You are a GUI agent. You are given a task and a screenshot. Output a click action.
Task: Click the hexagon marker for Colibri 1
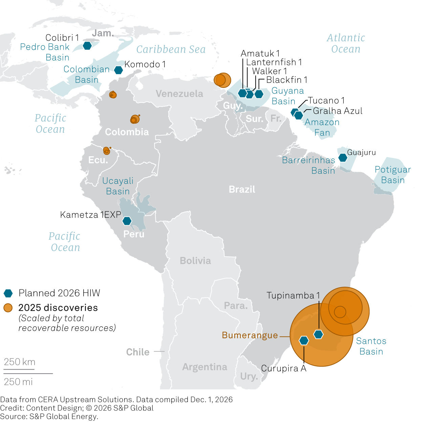point(87,45)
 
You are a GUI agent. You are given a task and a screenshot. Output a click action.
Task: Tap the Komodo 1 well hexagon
point(118,70)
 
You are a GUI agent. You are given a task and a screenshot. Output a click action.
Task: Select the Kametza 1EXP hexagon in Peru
point(127,221)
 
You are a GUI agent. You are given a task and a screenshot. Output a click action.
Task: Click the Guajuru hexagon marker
point(343,158)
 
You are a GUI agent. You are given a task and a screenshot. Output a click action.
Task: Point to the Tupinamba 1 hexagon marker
point(318,334)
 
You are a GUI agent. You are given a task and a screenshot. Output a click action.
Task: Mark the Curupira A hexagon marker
point(304,341)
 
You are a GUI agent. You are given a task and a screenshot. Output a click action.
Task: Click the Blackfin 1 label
point(286,80)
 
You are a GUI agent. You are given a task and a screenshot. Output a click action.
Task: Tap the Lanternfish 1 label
point(274,62)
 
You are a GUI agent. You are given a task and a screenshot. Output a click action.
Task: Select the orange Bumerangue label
point(250,335)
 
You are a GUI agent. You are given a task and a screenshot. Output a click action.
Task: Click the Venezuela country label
point(179,94)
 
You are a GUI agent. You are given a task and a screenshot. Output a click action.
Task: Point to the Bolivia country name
point(195,261)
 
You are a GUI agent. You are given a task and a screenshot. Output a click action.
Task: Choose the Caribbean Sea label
point(171,49)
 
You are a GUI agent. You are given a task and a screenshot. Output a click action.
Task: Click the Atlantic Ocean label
point(346,43)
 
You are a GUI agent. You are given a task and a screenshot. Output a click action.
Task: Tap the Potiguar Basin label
point(393,175)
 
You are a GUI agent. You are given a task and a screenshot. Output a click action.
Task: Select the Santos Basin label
point(371,346)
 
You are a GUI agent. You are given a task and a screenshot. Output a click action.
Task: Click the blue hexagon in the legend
point(8,293)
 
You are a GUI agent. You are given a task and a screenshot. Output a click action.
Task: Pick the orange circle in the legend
point(8,308)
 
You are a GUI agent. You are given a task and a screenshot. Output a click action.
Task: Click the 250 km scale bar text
point(20,362)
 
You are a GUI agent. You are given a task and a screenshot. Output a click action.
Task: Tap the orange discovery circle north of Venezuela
point(222,80)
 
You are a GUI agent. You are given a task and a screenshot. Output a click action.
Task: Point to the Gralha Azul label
point(337,111)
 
